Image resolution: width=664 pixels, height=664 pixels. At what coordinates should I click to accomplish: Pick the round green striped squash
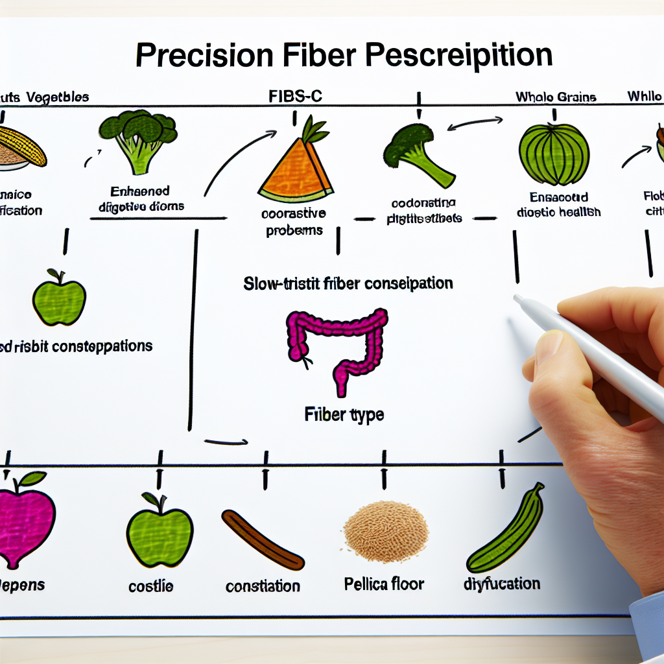click(554, 155)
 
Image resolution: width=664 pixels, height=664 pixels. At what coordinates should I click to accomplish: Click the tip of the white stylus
click(517, 299)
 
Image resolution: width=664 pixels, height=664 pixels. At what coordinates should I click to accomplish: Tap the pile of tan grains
click(386, 525)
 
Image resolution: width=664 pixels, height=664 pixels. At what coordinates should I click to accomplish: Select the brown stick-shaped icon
click(262, 539)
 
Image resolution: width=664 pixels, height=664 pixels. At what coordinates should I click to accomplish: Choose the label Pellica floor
click(384, 584)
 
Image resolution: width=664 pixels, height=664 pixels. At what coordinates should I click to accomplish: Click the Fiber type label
click(344, 414)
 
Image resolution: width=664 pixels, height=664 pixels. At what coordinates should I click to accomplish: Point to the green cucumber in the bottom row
click(506, 528)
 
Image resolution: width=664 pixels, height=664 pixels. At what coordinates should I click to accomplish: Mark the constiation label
click(263, 586)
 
